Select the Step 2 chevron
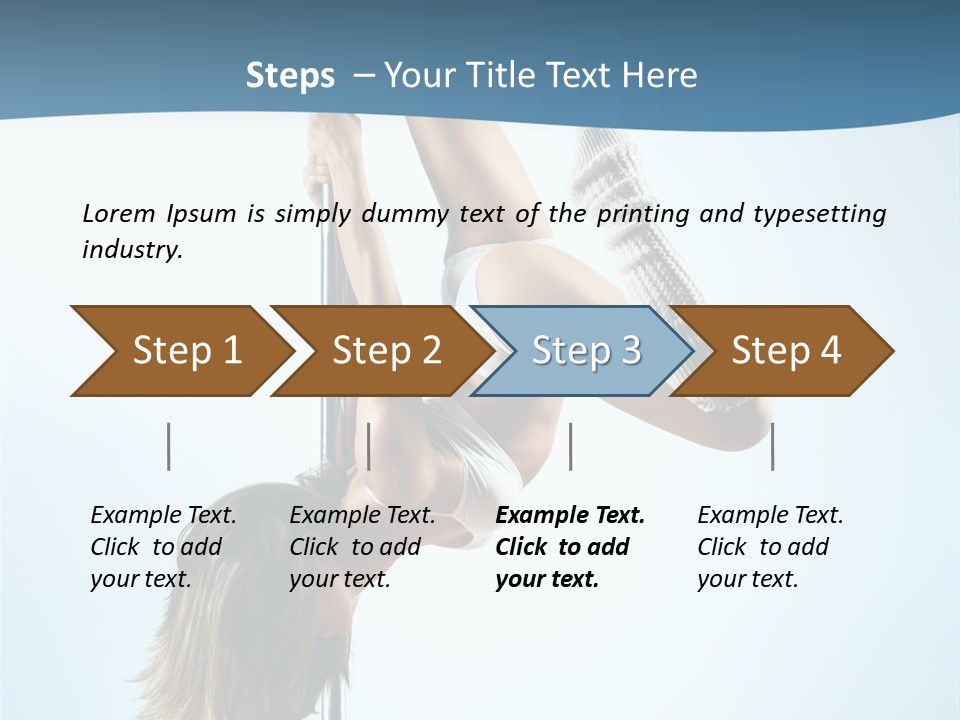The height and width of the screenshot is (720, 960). click(x=380, y=351)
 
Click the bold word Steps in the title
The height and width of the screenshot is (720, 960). click(x=290, y=76)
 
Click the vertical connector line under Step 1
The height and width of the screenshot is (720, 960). click(x=168, y=446)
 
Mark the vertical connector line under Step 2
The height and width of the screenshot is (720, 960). click(x=369, y=446)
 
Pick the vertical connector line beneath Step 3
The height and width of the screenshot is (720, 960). click(x=570, y=446)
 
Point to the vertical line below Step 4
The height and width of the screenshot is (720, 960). click(x=773, y=446)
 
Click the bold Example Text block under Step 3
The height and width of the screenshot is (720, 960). click(x=569, y=547)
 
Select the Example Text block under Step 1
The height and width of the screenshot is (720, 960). click(x=163, y=547)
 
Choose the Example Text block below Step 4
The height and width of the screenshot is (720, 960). click(x=769, y=547)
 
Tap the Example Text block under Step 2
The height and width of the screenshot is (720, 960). click(x=362, y=547)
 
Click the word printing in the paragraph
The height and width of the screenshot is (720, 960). click(x=643, y=213)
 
